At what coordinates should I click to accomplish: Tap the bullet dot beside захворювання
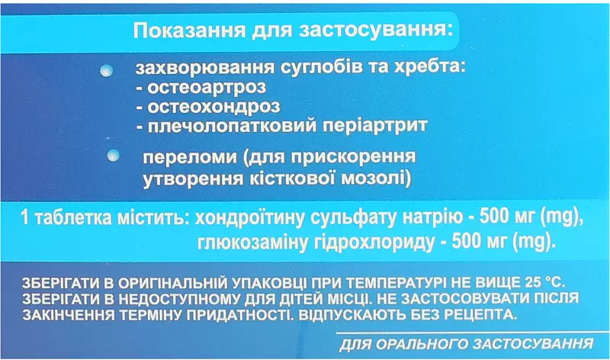106,70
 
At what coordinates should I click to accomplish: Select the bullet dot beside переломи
113,156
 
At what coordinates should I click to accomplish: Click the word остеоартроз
207,87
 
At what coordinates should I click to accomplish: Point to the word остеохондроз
213,106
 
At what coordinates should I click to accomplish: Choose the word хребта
430,68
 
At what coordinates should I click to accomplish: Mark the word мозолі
376,178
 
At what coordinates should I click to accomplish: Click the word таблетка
73,217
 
